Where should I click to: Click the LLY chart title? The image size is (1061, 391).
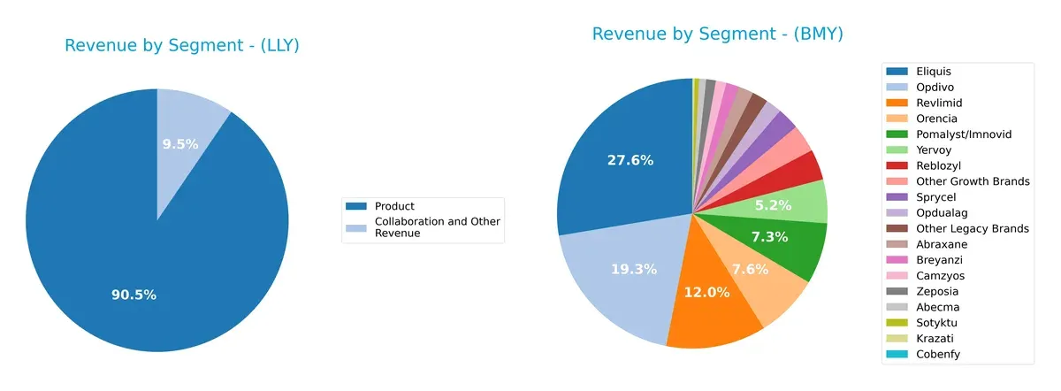click(x=182, y=46)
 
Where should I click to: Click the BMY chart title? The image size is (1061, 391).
click(x=717, y=34)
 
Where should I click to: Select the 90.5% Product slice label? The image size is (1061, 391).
click(x=134, y=295)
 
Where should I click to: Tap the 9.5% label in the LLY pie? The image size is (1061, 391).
click(x=180, y=144)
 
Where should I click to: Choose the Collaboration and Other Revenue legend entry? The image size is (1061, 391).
click(x=437, y=227)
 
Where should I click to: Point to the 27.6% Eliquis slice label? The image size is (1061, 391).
click(x=630, y=160)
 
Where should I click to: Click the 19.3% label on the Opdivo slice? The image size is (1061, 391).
click(x=633, y=269)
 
